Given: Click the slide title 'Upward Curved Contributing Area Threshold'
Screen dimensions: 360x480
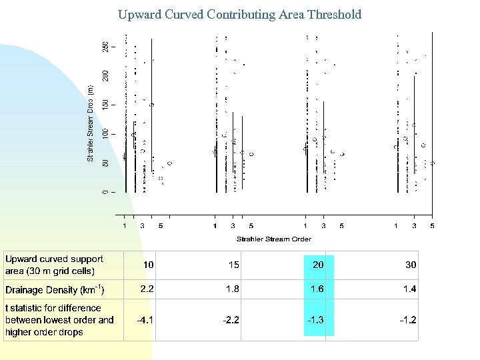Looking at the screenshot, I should point(239,14).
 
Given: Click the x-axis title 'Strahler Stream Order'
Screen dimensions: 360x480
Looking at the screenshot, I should point(273,239).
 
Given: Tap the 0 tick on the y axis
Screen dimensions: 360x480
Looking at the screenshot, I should point(105,192).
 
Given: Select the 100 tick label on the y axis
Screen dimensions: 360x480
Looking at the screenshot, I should point(105,134).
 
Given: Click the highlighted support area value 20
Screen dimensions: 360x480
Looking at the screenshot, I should point(318,265).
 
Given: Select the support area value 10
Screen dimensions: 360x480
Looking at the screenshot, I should point(149,265).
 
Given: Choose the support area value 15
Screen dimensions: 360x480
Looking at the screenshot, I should point(233,265).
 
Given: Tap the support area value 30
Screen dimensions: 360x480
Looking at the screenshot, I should point(410,265).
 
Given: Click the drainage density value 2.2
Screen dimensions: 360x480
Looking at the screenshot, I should point(147,289).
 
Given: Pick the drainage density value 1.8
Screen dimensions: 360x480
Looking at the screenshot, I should point(231,289).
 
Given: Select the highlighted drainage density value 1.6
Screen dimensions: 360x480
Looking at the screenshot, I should point(317,289).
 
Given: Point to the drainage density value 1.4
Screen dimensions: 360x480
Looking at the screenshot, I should point(409,289).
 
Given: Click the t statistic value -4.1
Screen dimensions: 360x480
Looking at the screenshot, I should point(145,320).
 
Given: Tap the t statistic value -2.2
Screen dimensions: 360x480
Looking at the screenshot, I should point(231,320).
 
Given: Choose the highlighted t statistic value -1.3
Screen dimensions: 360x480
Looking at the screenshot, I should point(316,320).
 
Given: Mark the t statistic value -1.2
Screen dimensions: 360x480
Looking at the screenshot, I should point(408,320).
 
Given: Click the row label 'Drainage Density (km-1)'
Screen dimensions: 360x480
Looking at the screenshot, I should point(55,290).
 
